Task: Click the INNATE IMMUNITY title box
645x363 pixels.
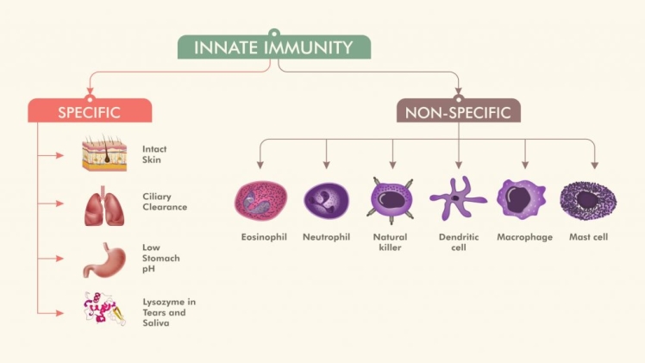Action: tap(274, 47)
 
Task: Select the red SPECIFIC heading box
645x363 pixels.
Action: tap(89, 111)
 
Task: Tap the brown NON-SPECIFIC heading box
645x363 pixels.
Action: tap(458, 111)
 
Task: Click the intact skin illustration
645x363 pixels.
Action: tap(103, 155)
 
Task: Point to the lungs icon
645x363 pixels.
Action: tap(102, 205)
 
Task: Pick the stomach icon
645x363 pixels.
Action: tap(103, 259)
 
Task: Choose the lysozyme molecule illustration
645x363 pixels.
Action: tap(103, 309)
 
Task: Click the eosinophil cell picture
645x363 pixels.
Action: tap(260, 201)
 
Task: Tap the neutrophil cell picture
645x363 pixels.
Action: tap(326, 201)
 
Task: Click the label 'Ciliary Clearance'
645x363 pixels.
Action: tap(164, 202)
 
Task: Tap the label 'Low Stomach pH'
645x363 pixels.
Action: tap(161, 258)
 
